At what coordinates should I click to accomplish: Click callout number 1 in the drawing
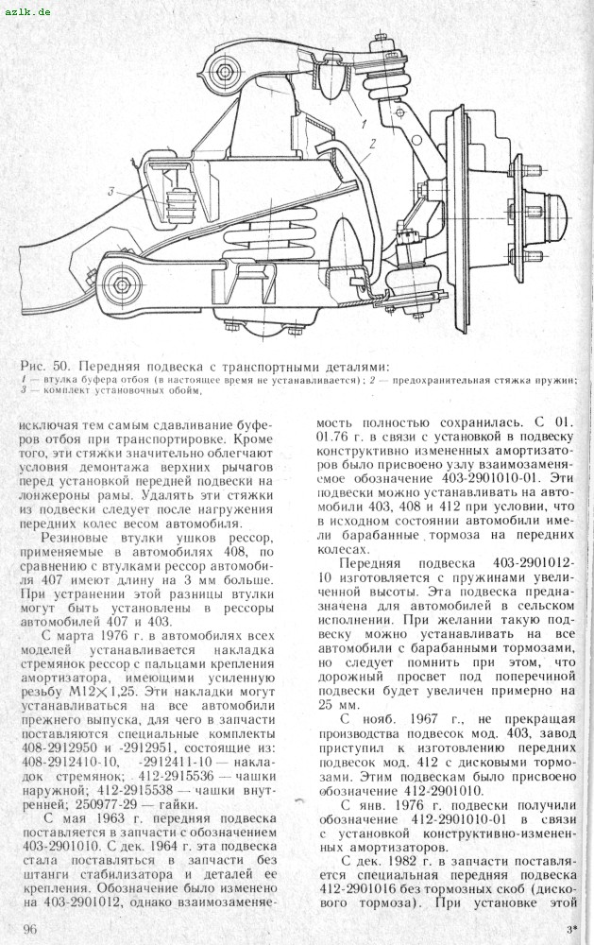(363, 124)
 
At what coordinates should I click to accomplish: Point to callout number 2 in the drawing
(373, 144)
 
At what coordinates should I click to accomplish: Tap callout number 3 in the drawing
(111, 193)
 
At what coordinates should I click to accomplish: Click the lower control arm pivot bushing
(117, 281)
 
